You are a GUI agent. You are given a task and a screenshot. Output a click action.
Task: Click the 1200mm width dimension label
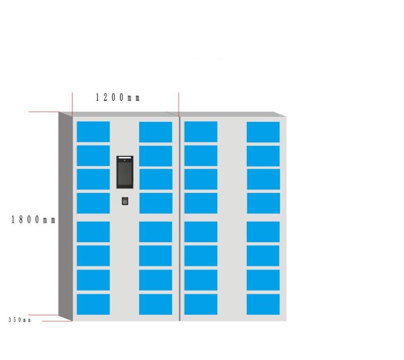coord(118,98)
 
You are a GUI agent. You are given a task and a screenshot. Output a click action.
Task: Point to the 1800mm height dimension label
coord(33,220)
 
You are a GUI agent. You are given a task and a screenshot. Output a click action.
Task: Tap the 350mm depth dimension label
coord(20,320)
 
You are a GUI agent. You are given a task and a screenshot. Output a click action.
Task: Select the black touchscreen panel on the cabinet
coord(125,172)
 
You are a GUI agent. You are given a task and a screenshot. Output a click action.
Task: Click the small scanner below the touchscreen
coord(125,201)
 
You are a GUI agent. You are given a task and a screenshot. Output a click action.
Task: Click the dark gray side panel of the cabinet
coord(66,217)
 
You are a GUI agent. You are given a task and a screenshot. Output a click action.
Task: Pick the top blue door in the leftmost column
coord(93,132)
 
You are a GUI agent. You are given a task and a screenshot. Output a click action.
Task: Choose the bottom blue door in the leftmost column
coord(93,304)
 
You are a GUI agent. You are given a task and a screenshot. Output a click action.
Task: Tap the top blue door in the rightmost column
coord(263,132)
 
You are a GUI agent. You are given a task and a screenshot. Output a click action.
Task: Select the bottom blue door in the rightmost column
coord(263,304)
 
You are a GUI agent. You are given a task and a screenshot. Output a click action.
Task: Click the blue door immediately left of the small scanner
coord(93,203)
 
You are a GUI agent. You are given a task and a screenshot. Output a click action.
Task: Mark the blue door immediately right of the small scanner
coord(156,203)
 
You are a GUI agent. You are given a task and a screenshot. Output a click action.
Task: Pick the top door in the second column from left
coord(156,132)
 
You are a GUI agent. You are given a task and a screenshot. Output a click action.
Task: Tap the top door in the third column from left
coord(200,132)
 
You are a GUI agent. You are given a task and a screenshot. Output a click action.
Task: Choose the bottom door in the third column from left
coord(200,304)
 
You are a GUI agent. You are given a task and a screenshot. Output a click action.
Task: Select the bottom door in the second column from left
coord(156,304)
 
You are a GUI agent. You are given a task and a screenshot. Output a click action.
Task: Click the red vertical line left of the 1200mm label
coord(72,104)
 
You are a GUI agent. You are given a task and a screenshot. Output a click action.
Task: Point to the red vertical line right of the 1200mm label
coord(178,104)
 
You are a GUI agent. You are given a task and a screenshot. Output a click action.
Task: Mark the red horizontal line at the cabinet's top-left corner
coord(44,112)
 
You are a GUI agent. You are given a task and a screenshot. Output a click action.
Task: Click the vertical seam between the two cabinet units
coord(179,219)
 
